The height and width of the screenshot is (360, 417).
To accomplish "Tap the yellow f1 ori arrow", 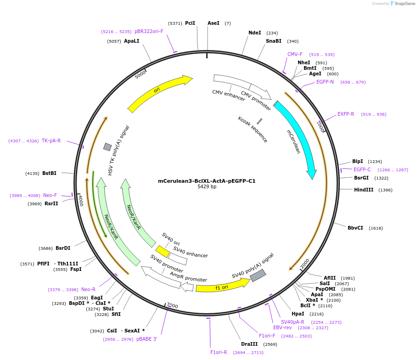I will [222, 286].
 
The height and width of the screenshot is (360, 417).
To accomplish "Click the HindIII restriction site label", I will [364, 190].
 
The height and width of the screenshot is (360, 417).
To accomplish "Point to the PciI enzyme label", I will [190, 23].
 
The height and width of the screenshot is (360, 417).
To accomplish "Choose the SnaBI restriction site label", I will [274, 41].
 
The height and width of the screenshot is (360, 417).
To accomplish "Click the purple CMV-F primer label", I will [295, 54].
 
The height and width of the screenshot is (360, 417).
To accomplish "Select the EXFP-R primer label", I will [346, 114].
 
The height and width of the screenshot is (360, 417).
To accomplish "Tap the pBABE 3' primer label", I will [147, 339].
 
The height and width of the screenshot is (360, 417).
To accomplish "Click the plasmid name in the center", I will [207, 181].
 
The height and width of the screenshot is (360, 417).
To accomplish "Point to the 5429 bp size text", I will [207, 187].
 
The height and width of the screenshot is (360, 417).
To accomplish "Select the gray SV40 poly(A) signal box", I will [258, 276].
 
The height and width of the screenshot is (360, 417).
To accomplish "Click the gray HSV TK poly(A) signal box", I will [107, 147].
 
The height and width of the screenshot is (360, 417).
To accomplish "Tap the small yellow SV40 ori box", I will [162, 251].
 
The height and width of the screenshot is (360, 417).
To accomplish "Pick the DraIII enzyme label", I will [249, 344].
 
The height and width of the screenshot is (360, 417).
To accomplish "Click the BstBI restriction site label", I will [49, 173].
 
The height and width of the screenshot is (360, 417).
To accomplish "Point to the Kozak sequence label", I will [253, 129].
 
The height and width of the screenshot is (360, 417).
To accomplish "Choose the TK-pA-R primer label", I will [51, 141].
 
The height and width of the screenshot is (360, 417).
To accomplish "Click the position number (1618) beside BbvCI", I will [375, 228].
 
